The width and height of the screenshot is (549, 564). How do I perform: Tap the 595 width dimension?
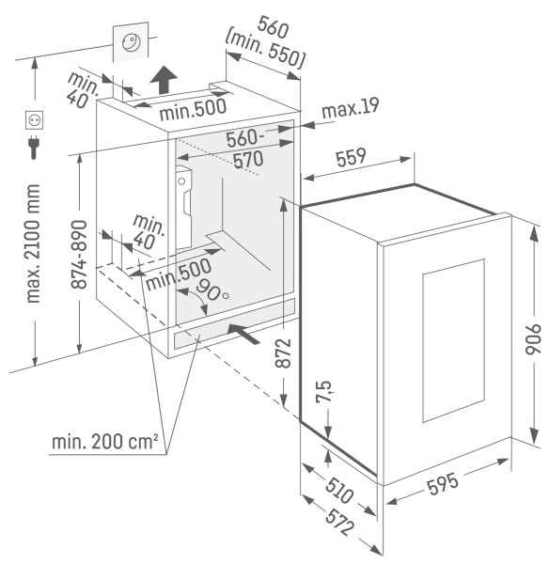443,484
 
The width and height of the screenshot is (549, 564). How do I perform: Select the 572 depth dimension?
339,522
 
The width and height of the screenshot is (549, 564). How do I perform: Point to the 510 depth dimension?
339,491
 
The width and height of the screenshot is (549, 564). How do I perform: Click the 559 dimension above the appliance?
351,157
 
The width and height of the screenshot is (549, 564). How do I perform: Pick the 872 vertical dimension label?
283,352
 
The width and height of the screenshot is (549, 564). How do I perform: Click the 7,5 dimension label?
323,392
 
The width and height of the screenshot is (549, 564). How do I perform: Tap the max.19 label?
351,107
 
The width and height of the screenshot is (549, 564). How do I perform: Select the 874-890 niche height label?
79,255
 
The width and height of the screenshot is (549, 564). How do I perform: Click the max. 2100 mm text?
33,243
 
